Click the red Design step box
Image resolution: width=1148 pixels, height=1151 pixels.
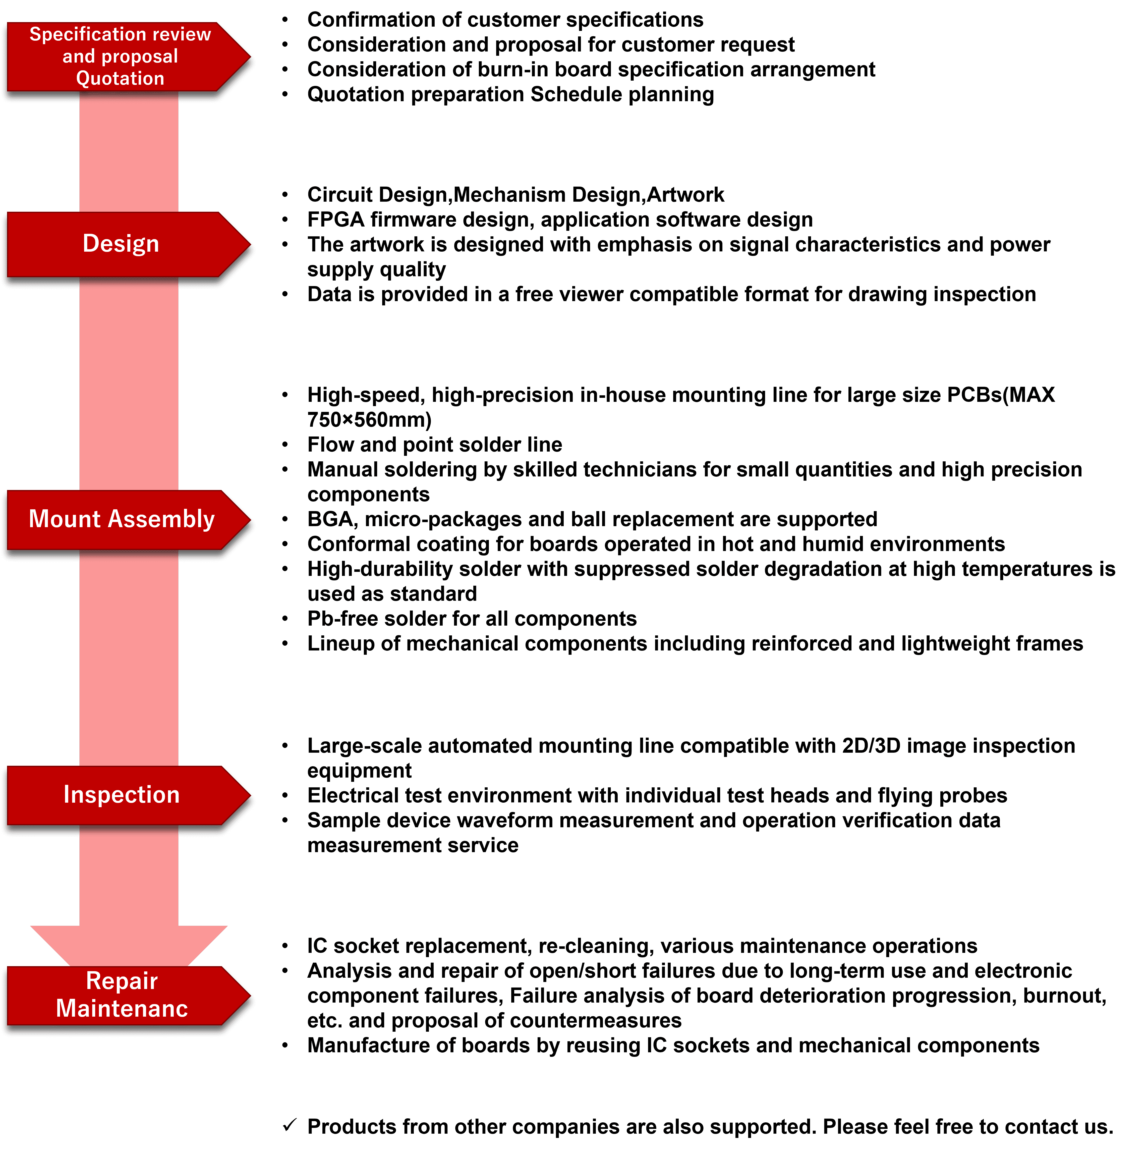pyautogui.click(x=121, y=244)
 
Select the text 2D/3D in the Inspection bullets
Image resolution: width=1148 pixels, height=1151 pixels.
pyautogui.click(x=871, y=746)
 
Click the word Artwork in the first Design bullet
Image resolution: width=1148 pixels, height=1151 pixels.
pyautogui.click(x=686, y=195)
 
